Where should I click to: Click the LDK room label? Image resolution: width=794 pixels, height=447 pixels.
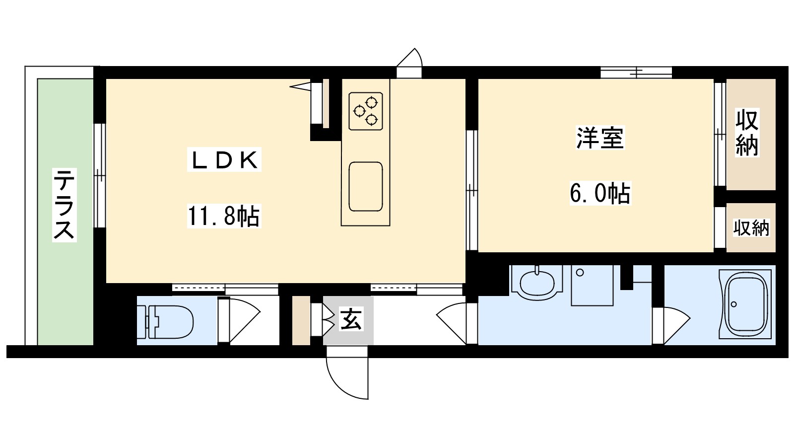224,161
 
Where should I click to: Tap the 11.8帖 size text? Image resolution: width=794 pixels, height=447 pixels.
224,217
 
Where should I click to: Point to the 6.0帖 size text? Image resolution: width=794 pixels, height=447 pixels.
599,193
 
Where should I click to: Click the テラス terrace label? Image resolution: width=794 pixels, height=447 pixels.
65,204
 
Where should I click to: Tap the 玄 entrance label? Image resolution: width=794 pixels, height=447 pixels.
351,319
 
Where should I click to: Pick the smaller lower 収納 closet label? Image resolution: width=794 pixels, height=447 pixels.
751,228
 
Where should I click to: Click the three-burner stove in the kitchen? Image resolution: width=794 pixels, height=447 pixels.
366,111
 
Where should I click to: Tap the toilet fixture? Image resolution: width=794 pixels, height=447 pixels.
166,320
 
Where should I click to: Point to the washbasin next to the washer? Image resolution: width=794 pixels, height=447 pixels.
536,283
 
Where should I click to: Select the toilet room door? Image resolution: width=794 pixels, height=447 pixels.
242,320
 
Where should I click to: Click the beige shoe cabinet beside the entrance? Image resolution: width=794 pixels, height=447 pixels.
301,320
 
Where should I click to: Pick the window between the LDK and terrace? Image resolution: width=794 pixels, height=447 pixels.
100,175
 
